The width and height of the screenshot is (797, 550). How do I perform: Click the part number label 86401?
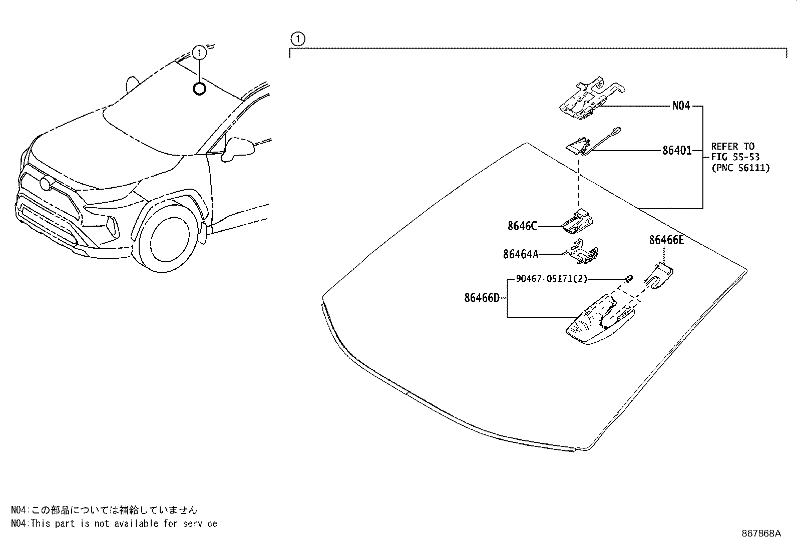[x=676, y=150]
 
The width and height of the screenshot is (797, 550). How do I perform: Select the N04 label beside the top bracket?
[x=681, y=106]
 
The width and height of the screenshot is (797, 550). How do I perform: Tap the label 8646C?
[x=522, y=226]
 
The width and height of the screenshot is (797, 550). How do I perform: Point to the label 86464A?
[x=520, y=254]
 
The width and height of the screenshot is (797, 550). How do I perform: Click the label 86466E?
[x=666, y=240]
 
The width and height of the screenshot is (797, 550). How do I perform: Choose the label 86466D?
[x=482, y=298]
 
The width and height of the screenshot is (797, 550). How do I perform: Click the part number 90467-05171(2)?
[x=551, y=279]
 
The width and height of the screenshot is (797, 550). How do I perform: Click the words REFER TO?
[x=732, y=146]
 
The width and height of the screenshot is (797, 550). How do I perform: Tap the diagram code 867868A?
[x=761, y=533]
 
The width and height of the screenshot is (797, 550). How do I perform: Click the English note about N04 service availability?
[x=114, y=523]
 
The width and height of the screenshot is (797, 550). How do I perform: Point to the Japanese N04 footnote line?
[x=104, y=510]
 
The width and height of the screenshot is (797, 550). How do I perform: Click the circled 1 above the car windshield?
[x=199, y=52]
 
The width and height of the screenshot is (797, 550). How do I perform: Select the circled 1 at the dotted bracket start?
[x=297, y=39]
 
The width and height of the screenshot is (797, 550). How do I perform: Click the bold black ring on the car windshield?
[x=199, y=89]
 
